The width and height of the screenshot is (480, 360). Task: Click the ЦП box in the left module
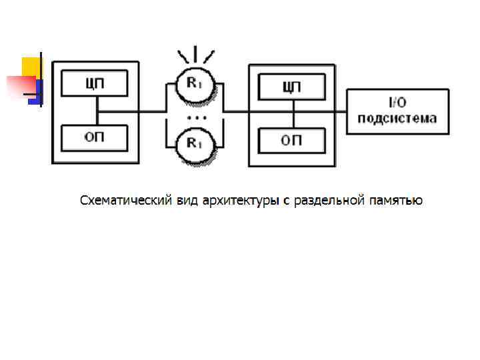point(95,84)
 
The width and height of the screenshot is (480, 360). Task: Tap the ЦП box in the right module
point(291,87)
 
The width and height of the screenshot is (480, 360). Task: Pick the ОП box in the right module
point(291,139)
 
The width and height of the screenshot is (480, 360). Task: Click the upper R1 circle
point(195,84)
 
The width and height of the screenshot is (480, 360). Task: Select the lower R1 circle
point(195,142)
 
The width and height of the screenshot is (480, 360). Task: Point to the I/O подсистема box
point(397,111)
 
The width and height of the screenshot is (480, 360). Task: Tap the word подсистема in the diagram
point(397,119)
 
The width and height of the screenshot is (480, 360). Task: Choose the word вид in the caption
point(187,200)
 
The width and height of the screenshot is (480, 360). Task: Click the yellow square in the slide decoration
point(31,66)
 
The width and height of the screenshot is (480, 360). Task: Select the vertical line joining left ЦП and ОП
point(97,111)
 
